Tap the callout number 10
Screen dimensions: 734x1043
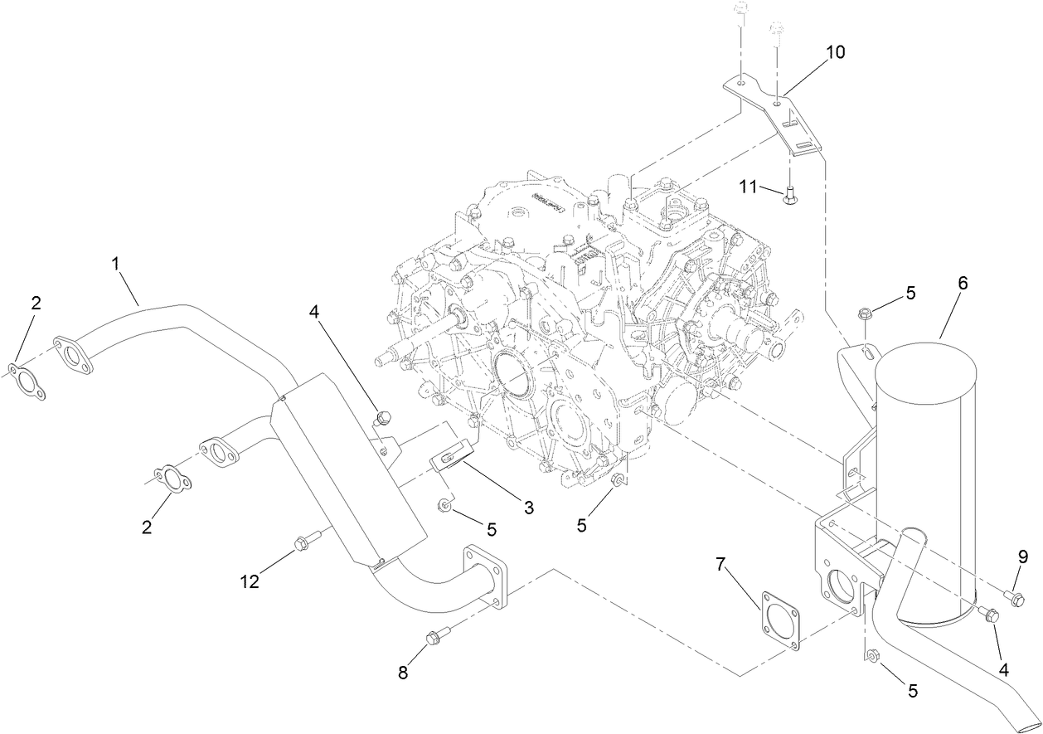[835, 52]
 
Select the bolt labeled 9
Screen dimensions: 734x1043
[1011, 594]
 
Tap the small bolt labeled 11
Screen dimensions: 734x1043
[790, 196]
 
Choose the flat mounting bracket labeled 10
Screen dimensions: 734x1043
[779, 116]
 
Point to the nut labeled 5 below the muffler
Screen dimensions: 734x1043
[870, 658]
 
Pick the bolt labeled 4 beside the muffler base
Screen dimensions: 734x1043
[988, 615]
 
